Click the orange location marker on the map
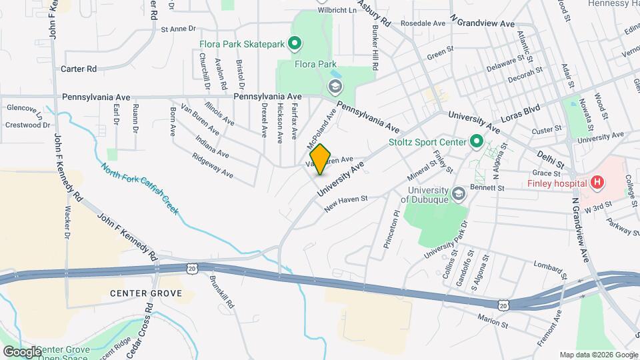(x=321, y=159)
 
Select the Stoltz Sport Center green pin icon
(x=476, y=141)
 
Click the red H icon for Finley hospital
(x=597, y=183)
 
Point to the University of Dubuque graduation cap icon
(x=458, y=194)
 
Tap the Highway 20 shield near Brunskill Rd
(x=192, y=268)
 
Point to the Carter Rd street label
(x=79, y=69)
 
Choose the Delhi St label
(x=551, y=159)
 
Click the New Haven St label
(x=346, y=203)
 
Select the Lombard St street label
(x=550, y=271)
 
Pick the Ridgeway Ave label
(x=213, y=166)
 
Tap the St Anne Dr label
(x=178, y=29)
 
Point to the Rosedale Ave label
(x=423, y=23)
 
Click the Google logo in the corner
(x=22, y=351)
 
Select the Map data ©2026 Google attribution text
(x=598, y=355)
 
